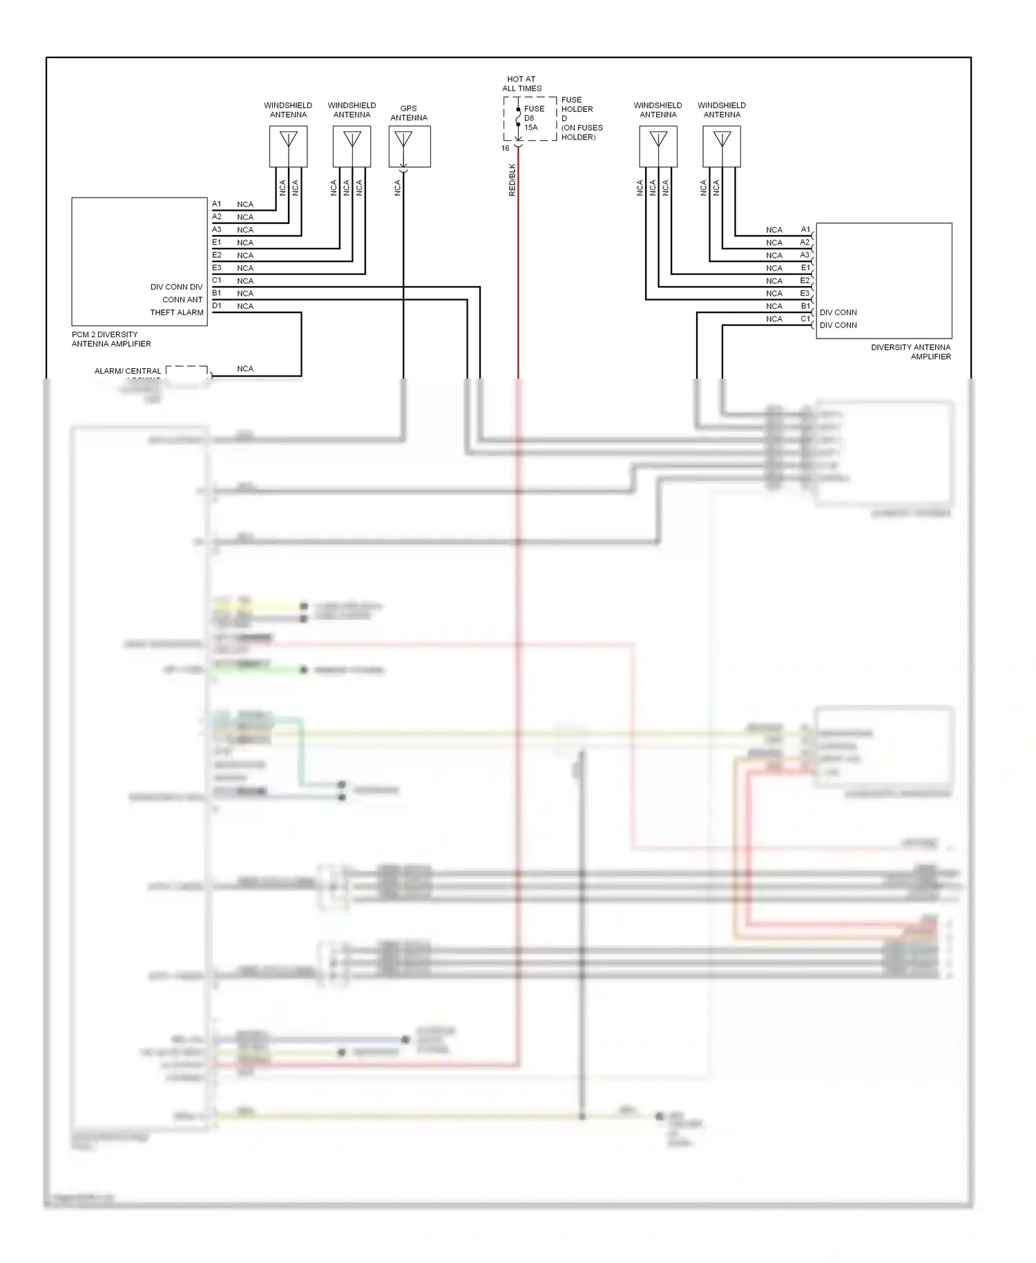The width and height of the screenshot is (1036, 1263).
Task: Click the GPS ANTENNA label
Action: [408, 113]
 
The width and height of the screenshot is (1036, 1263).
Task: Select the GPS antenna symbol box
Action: [410, 146]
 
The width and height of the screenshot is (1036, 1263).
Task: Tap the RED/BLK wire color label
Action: [512, 180]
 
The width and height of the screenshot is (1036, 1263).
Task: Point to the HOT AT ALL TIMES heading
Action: [521, 84]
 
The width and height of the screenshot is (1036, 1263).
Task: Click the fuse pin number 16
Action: [505, 149]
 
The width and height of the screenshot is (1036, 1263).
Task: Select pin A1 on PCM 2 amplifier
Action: [217, 204]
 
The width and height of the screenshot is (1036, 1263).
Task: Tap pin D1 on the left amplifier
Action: [217, 305]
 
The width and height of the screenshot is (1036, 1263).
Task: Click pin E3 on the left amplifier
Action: [217, 267]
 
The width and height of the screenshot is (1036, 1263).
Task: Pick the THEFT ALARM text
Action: [177, 312]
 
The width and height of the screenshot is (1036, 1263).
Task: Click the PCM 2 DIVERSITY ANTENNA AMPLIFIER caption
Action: [111, 339]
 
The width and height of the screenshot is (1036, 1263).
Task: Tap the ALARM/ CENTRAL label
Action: [128, 371]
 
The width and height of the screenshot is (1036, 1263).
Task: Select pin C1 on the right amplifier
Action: [805, 319]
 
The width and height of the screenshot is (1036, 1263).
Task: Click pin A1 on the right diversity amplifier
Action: [805, 229]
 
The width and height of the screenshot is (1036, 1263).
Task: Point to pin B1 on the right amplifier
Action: [805, 305]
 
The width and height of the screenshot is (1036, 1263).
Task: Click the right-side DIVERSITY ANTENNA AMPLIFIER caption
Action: [910, 352]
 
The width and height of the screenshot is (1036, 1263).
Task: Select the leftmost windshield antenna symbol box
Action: [288, 146]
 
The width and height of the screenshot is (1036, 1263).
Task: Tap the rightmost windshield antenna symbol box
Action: [722, 146]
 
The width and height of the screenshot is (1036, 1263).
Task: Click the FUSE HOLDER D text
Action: [577, 109]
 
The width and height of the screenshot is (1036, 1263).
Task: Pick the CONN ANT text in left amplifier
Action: [182, 300]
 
